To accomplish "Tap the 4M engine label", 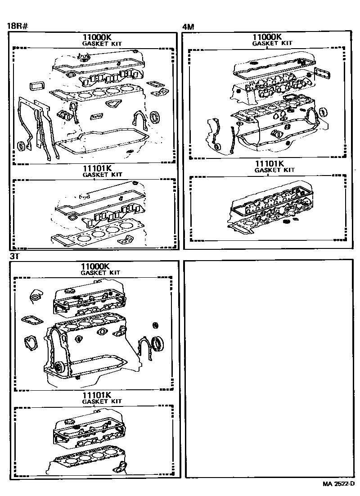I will (188, 26).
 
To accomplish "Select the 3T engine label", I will (14, 256).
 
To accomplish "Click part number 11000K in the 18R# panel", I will (95, 37).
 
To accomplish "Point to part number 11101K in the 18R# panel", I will (95, 168).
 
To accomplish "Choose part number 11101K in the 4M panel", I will (269, 163).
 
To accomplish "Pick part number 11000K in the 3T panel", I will (94, 266).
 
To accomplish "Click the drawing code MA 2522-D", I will (339, 484).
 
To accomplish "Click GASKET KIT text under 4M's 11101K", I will (274, 170).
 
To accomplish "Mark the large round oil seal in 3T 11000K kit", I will (157, 344).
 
